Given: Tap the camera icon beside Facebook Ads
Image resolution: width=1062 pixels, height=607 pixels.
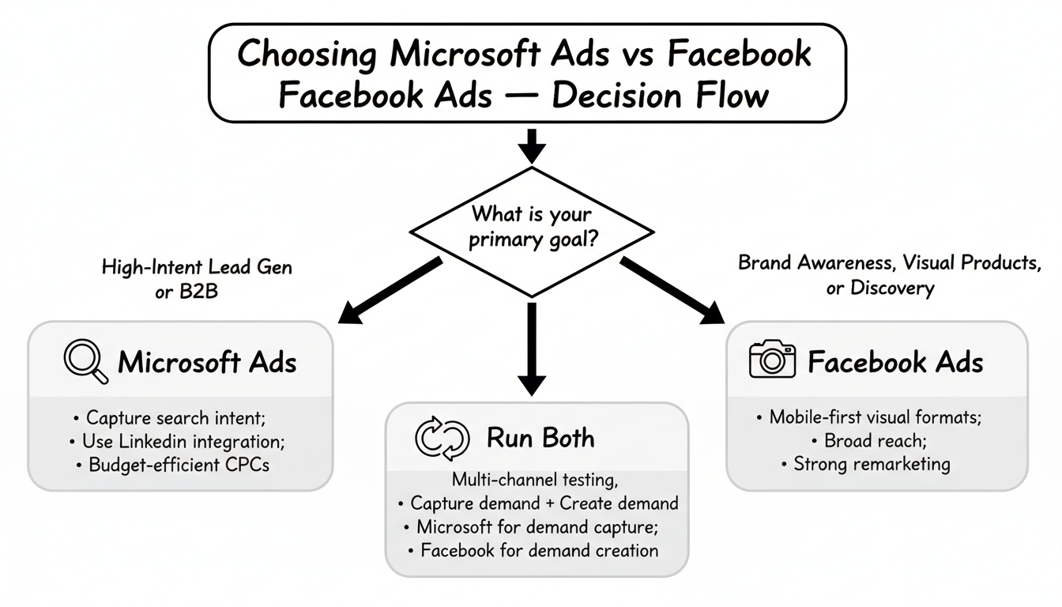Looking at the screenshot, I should pyautogui.click(x=771, y=361).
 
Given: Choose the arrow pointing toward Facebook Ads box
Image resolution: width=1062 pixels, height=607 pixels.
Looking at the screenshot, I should pyautogui.click(x=672, y=290).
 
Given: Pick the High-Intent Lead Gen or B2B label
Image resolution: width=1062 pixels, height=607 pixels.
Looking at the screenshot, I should pyautogui.click(x=198, y=277).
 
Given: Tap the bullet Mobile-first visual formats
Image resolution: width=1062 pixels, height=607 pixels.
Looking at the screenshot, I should pyautogui.click(x=875, y=417).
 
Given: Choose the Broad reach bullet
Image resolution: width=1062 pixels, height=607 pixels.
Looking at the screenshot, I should pyautogui.click(x=875, y=441).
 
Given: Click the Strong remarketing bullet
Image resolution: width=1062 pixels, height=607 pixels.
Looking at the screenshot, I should pyautogui.click(x=875, y=464).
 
